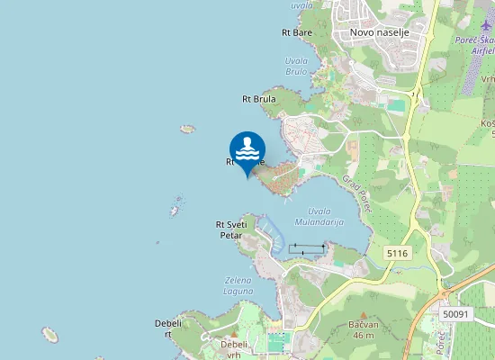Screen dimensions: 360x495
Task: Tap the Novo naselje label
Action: tap(379, 32)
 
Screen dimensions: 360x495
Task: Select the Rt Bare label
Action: tap(297, 32)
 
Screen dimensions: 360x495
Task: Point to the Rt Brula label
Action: tap(259, 99)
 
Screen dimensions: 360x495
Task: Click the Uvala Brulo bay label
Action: tap(296, 66)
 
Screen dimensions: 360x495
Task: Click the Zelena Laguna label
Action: tap(238, 286)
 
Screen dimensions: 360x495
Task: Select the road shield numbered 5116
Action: tap(397, 254)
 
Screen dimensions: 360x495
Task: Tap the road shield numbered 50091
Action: tap(456, 313)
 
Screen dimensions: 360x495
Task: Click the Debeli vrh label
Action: tap(235, 348)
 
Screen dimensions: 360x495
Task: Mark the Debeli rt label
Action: tap(168, 328)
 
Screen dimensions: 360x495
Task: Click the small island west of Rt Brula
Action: tap(187, 129)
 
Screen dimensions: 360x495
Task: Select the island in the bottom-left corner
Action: tap(49, 335)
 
